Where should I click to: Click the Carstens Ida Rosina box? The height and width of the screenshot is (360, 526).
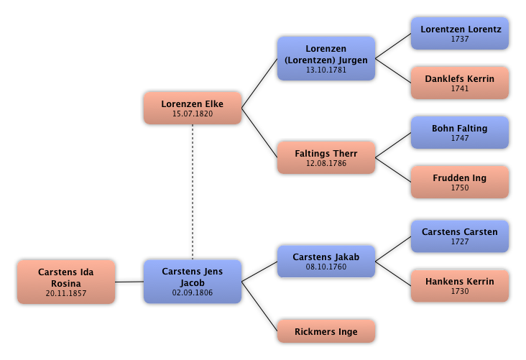click(65, 282)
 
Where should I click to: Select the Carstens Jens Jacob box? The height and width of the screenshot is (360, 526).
click(192, 281)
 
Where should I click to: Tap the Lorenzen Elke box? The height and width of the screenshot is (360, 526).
click(192, 108)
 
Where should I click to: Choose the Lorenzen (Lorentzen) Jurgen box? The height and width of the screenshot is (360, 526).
click(326, 58)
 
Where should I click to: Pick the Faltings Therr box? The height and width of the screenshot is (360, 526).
click(326, 157)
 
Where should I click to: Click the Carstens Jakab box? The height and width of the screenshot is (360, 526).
click(326, 261)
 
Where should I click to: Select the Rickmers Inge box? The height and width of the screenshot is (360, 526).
click(326, 331)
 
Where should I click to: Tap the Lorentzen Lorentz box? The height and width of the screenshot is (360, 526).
click(459, 33)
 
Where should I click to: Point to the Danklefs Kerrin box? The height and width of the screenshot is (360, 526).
click(459, 83)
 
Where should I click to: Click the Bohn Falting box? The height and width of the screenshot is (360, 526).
click(459, 132)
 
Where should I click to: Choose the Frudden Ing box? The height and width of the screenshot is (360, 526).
click(459, 182)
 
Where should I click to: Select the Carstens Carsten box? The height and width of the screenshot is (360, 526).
click(459, 236)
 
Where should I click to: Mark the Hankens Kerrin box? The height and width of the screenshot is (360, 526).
click(459, 285)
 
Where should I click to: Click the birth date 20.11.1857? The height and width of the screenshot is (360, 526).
click(65, 293)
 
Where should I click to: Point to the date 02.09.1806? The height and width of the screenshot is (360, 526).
click(192, 292)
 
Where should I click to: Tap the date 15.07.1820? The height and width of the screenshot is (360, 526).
click(192, 114)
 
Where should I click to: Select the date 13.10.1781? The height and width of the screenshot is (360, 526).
click(326, 70)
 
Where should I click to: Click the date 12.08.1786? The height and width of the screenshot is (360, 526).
click(326, 163)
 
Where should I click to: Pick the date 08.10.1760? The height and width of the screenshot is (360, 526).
click(326, 267)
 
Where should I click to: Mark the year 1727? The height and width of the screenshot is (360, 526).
click(459, 241)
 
